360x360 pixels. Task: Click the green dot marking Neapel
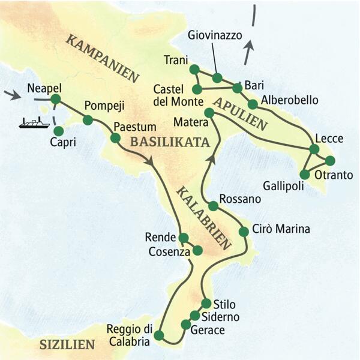(x=56, y=99)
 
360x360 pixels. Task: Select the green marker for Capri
(x=58, y=130)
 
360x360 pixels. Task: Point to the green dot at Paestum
(x=115, y=138)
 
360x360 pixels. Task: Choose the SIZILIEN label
(x=67, y=344)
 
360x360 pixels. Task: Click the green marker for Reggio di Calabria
(x=158, y=335)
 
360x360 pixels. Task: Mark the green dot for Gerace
(x=185, y=325)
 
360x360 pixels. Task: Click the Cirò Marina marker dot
(x=244, y=232)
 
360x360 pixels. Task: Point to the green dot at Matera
(x=209, y=113)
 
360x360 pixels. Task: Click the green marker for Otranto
(x=330, y=160)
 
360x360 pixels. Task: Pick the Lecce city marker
(x=313, y=149)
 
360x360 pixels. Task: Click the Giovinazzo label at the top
(x=214, y=35)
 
